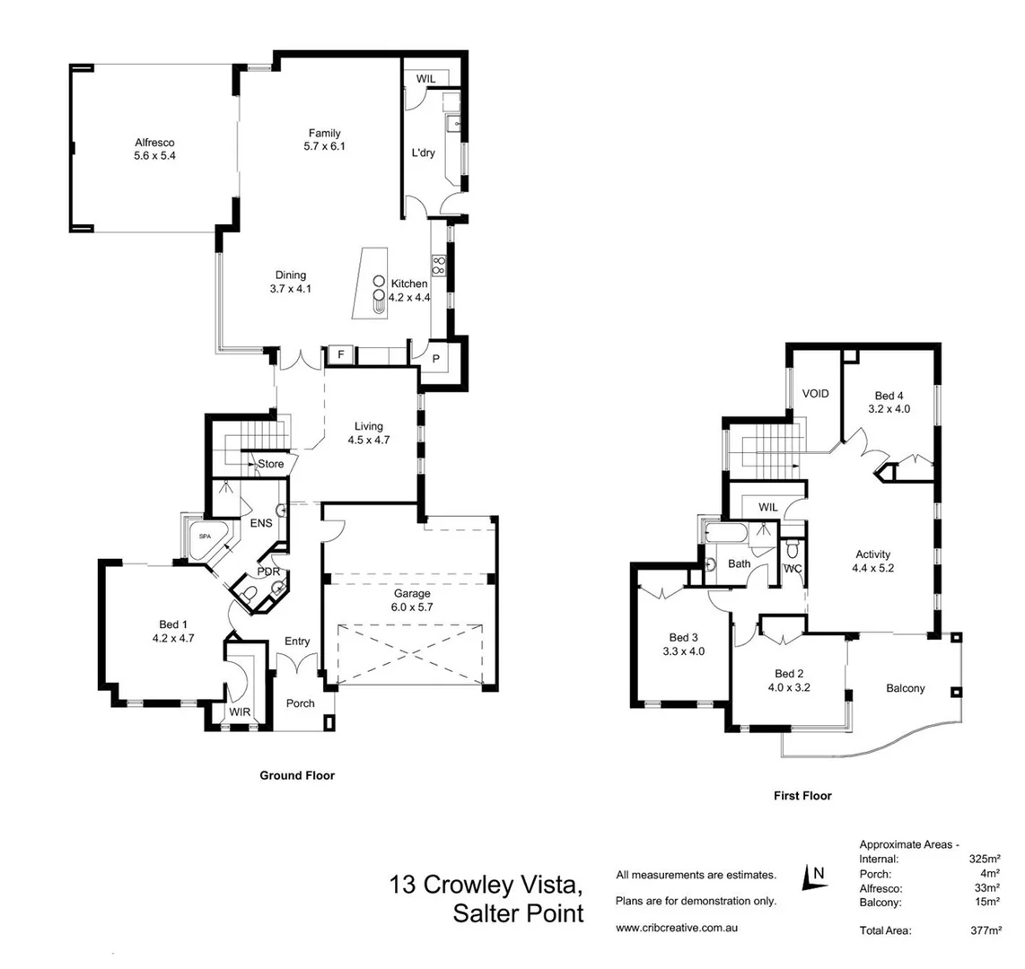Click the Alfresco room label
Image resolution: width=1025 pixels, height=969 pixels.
(x=153, y=143)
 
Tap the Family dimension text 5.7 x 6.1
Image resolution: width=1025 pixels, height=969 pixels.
(x=324, y=146)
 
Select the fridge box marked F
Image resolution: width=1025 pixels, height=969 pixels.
(x=340, y=355)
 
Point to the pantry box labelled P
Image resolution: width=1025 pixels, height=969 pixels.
(x=436, y=359)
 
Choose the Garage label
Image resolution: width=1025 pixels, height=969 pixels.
(x=412, y=593)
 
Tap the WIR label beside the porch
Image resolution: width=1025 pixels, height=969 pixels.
(x=239, y=712)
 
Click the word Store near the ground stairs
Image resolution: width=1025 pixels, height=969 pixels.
(x=270, y=464)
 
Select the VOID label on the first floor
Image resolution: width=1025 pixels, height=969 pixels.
(x=815, y=394)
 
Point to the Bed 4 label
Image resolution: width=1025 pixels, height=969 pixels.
(x=889, y=395)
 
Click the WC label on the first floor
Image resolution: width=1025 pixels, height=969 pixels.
(x=792, y=569)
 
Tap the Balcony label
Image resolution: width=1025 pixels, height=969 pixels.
(x=905, y=688)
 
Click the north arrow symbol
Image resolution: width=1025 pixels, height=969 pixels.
(x=815, y=876)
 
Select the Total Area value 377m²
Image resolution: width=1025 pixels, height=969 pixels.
(x=985, y=931)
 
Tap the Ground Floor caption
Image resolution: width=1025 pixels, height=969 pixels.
(x=296, y=775)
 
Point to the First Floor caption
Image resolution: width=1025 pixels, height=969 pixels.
(x=802, y=796)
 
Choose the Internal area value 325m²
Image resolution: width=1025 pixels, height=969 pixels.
(x=985, y=859)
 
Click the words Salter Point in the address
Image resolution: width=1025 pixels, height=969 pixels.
(x=518, y=913)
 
